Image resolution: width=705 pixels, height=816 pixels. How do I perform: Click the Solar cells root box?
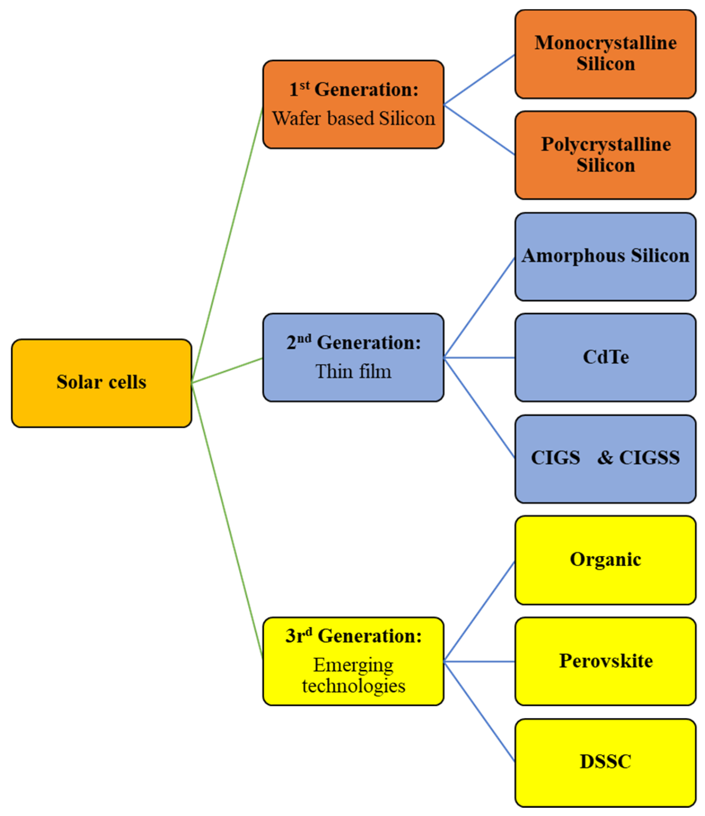click(x=102, y=383)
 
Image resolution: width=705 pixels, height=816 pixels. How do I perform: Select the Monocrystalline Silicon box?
click(x=605, y=54)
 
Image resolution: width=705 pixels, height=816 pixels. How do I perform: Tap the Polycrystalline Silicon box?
click(x=605, y=155)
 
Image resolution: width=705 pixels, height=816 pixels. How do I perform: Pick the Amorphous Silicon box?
click(x=605, y=256)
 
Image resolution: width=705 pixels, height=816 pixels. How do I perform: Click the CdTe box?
click(x=605, y=358)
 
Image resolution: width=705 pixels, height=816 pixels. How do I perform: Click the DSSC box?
click(x=605, y=763)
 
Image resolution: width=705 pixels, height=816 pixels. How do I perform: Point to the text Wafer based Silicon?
click(x=354, y=119)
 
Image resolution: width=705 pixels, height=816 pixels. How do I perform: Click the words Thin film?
click(x=354, y=372)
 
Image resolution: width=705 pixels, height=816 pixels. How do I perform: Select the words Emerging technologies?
click(x=354, y=676)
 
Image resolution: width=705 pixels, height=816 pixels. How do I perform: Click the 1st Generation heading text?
click(x=354, y=90)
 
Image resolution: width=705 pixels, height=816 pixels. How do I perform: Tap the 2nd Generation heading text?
click(x=354, y=343)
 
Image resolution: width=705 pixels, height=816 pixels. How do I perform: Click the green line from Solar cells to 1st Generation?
click(x=227, y=244)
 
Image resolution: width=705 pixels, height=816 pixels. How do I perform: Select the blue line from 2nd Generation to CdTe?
click(x=479, y=358)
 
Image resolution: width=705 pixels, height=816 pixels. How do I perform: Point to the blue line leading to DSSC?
click(x=479, y=712)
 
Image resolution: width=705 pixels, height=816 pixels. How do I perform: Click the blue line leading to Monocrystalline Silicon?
click(x=479, y=80)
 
